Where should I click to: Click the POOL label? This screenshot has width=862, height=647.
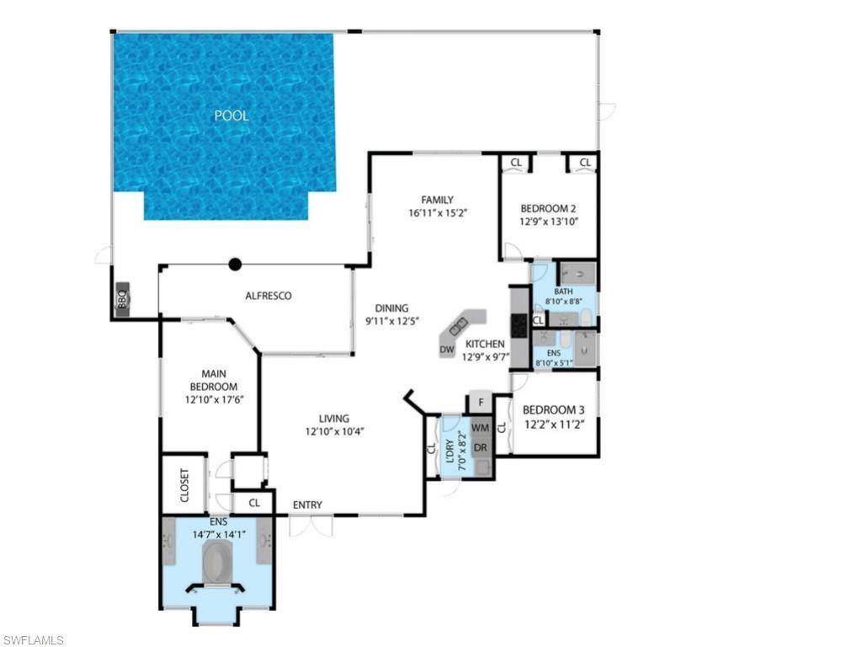(231, 116)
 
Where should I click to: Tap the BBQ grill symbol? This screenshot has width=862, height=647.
(122, 298)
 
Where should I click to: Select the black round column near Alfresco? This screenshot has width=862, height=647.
(236, 265)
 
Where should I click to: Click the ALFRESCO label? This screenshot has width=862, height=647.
(268, 296)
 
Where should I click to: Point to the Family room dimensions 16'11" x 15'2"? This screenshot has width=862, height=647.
(438, 213)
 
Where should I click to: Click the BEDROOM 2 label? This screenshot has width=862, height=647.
(547, 208)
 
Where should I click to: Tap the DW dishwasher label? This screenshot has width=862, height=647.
(447, 349)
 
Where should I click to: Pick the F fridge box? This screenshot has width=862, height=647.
(481, 403)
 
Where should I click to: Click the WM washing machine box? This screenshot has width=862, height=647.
(481, 428)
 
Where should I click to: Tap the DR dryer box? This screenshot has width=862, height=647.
(481, 446)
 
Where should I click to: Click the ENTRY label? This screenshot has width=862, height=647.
(307, 505)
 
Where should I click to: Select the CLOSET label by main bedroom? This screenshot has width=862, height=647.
(184, 485)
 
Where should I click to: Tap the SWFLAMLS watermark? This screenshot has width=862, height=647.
(34, 640)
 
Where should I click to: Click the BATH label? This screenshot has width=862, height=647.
(563, 291)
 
